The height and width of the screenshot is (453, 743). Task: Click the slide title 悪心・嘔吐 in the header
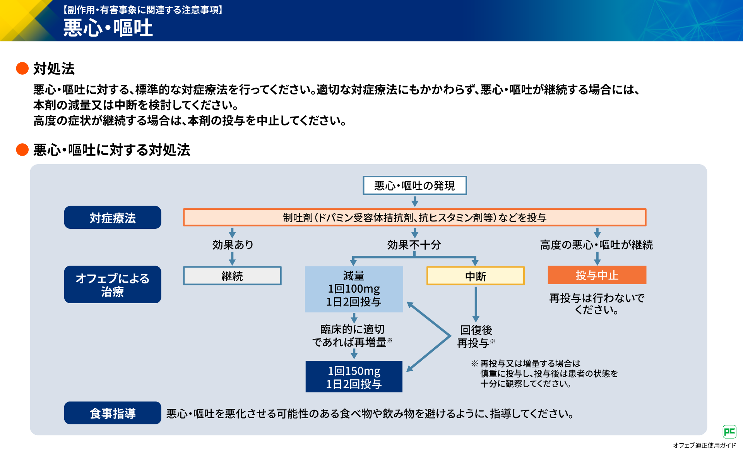pos(108,28)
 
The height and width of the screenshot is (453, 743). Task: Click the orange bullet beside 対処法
pos(22,69)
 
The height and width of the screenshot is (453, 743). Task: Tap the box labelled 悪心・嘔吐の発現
pos(414,185)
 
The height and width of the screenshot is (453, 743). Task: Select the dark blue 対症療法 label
pos(113,218)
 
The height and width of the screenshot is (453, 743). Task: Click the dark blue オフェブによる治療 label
pos(113,285)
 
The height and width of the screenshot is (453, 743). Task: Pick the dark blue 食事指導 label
pos(113,413)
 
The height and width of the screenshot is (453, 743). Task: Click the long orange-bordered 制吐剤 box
pos(414,218)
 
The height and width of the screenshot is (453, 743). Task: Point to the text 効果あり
pos(233,245)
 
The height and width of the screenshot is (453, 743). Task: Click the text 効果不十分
pos(414,245)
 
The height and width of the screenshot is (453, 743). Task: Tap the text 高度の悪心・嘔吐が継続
pos(596,245)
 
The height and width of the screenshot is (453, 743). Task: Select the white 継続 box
pos(232,276)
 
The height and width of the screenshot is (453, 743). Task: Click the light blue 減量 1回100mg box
pos(354,289)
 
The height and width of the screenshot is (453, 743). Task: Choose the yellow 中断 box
pos(475,276)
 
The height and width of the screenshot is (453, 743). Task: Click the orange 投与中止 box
pos(597,275)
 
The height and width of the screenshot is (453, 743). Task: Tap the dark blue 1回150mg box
pos(354,377)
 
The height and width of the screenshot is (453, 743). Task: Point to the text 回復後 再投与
pos(476,336)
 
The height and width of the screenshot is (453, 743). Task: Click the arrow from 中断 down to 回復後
pos(476,304)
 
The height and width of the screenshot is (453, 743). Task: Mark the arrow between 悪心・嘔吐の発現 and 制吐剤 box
pos(415,201)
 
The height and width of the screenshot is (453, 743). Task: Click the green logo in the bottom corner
pos(729,431)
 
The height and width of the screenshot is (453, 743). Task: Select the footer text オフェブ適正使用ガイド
pos(704,445)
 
